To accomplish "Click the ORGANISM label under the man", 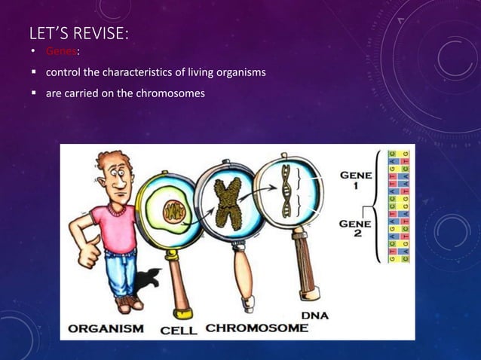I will tap(106, 329).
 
